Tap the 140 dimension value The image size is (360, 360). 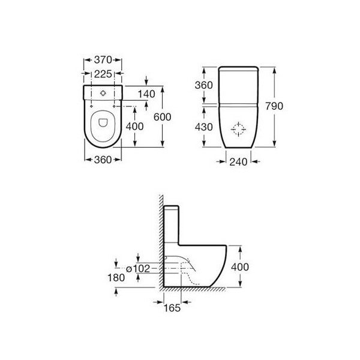pyautogui.click(x=147, y=94)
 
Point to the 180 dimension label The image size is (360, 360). pyautogui.click(x=118, y=278)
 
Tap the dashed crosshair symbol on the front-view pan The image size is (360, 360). pyautogui.click(x=239, y=128)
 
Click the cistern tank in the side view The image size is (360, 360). pyautogui.click(x=172, y=225)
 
